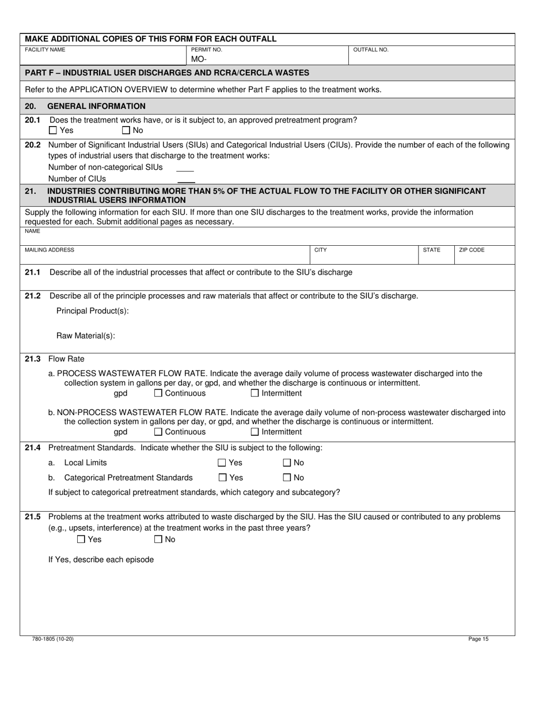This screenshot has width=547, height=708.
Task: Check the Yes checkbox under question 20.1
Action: point(54,131)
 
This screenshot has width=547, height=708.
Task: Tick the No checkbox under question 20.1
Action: point(127,131)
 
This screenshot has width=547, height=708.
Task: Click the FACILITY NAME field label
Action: point(45,50)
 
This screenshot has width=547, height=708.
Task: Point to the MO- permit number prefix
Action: point(198,59)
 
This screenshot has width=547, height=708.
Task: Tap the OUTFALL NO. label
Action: point(371,50)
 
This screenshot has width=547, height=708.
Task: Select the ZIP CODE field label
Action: point(472,250)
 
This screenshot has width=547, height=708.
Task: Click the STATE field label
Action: point(431,250)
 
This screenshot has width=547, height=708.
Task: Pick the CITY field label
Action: point(321,250)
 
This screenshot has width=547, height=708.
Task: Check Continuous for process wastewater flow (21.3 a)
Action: point(158,394)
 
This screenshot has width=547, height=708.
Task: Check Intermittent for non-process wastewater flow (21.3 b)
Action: point(255,432)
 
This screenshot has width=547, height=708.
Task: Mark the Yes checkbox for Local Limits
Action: point(222,463)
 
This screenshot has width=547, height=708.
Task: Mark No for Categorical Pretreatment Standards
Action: point(287,478)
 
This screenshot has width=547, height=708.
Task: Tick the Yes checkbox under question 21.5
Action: point(81,540)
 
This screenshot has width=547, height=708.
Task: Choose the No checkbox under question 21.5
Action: point(158,540)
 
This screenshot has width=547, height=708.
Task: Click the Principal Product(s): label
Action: point(93,311)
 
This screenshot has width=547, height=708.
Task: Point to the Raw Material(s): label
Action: point(86,337)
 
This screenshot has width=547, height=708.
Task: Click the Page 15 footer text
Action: point(478,639)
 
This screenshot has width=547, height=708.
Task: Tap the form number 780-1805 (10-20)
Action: point(53,639)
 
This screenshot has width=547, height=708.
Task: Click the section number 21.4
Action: point(33,448)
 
